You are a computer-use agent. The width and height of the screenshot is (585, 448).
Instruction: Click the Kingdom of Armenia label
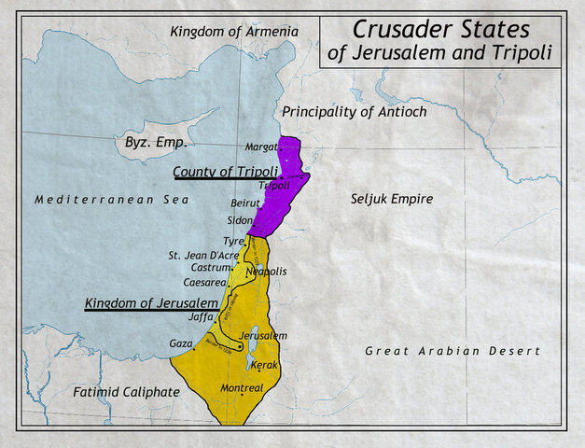[x=234, y=32]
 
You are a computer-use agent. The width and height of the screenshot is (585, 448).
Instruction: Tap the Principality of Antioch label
[x=354, y=111]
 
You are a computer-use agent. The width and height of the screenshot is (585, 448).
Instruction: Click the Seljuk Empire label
[x=392, y=198]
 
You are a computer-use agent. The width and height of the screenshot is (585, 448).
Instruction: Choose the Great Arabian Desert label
[x=452, y=351]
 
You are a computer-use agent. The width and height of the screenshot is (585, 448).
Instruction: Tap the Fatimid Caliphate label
[x=126, y=392]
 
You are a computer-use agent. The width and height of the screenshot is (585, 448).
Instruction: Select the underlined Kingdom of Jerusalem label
[x=151, y=303]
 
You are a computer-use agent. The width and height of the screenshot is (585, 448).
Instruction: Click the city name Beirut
[x=244, y=203]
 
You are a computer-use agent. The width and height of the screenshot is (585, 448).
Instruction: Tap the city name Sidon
[x=240, y=220]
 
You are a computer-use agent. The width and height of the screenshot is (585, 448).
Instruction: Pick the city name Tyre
[x=232, y=241]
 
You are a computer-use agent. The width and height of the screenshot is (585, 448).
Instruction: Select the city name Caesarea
[x=204, y=281]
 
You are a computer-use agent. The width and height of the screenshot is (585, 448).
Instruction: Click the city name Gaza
[x=180, y=343]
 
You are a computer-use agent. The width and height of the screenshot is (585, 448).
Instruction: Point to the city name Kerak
[x=265, y=365]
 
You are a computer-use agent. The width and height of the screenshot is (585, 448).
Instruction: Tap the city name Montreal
[x=242, y=387]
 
